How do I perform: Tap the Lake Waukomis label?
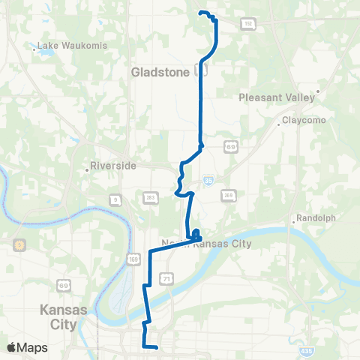[x=73, y=46]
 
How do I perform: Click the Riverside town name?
[x=112, y=166]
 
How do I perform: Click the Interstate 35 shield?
[x=207, y=180]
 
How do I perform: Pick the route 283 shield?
[x=150, y=197]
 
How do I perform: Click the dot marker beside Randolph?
[x=293, y=221]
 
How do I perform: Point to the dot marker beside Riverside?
[x=87, y=169]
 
